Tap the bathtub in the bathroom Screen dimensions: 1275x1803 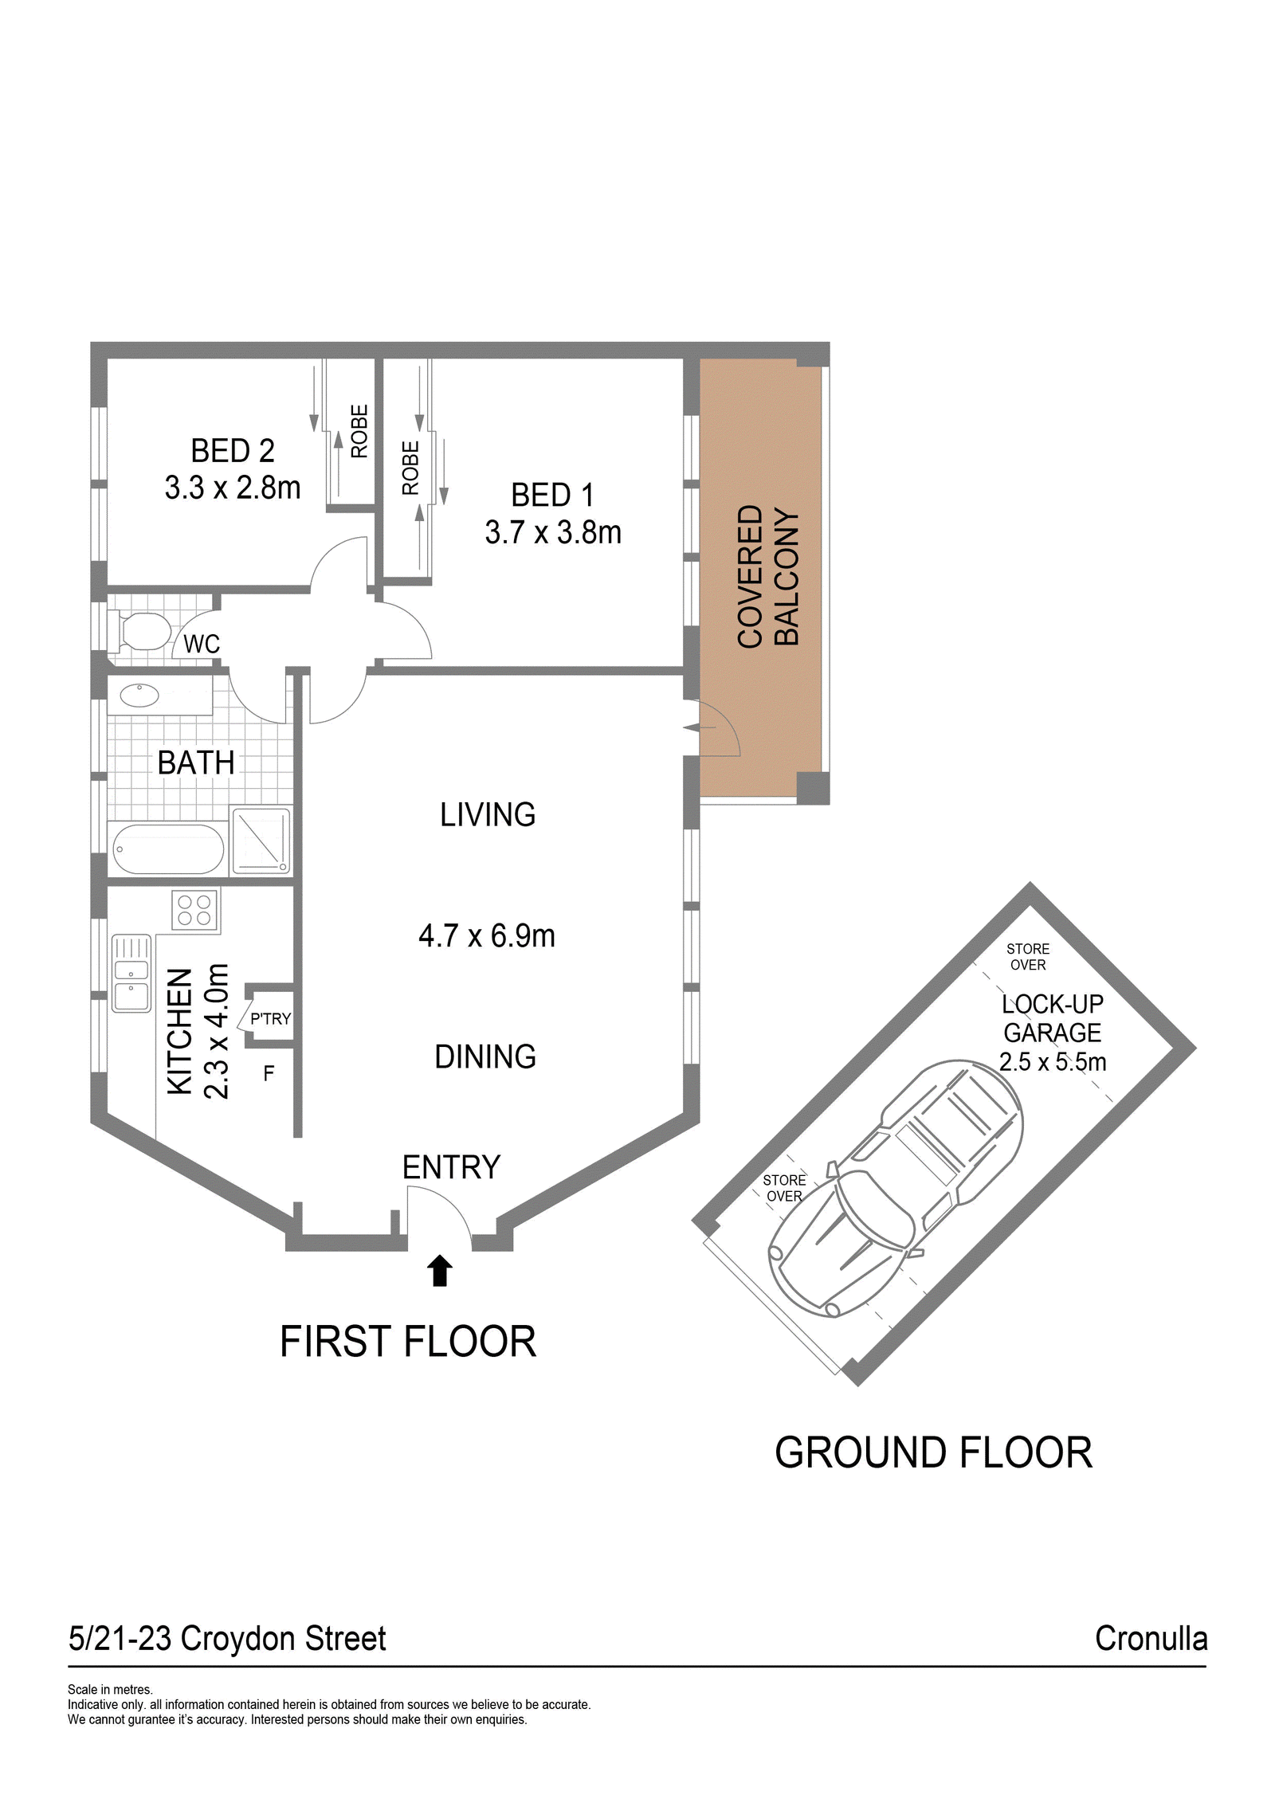(x=168, y=849)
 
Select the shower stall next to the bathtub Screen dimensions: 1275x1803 (x=261, y=841)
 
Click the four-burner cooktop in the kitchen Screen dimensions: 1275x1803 (x=194, y=910)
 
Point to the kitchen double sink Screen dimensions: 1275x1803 (x=131, y=974)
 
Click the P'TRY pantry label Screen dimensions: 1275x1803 (x=271, y=1018)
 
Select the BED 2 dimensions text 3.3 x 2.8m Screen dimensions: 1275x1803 (x=233, y=488)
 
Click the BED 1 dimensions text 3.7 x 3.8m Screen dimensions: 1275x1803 (x=553, y=532)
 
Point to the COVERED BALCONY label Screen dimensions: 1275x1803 (x=767, y=575)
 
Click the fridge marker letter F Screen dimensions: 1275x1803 (x=269, y=1073)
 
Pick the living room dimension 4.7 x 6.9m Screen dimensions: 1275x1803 (x=487, y=935)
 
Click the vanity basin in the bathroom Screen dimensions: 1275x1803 (x=139, y=695)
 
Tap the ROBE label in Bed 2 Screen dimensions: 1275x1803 (x=359, y=431)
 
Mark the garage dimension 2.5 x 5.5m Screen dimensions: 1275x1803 (x=1053, y=1061)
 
